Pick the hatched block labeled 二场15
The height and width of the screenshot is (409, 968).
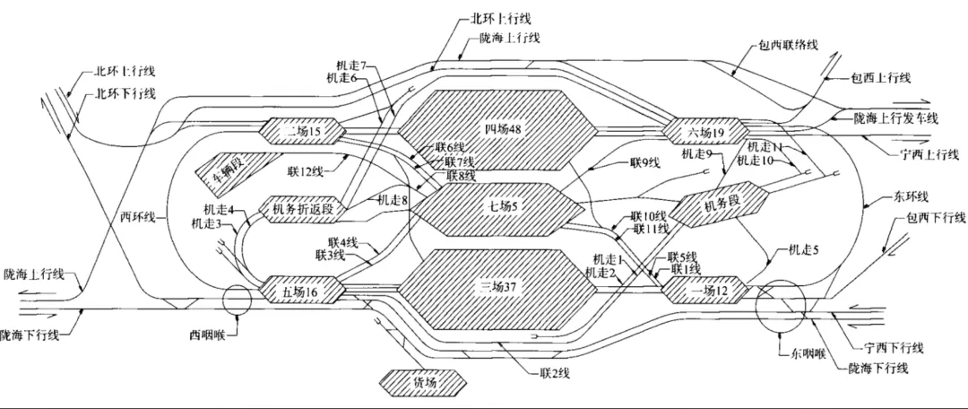point(301,131)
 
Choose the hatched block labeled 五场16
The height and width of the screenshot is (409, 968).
point(301,290)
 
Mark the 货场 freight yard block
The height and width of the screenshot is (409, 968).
point(425,382)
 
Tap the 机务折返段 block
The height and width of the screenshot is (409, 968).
point(301,209)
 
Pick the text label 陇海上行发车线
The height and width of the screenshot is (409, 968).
point(895,118)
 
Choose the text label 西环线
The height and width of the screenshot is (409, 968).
point(138,216)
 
